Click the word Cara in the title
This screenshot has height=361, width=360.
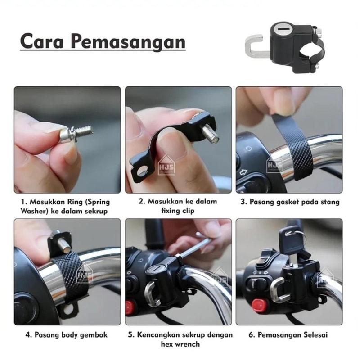[x=42, y=41]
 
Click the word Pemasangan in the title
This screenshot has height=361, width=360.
[x=128, y=43]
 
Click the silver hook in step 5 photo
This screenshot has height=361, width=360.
[x=152, y=293]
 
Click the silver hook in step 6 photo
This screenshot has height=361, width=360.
[x=279, y=290]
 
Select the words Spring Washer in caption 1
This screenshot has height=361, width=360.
[x=65, y=207]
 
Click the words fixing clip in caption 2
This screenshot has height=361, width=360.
[x=178, y=211]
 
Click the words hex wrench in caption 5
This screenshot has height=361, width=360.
[x=180, y=344]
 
